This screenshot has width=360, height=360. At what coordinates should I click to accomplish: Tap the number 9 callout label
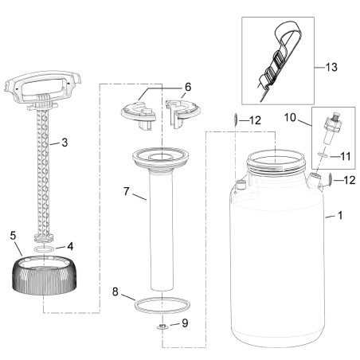[x=186, y=325]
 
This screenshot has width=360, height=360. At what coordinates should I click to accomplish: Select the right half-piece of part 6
[x=182, y=112]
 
